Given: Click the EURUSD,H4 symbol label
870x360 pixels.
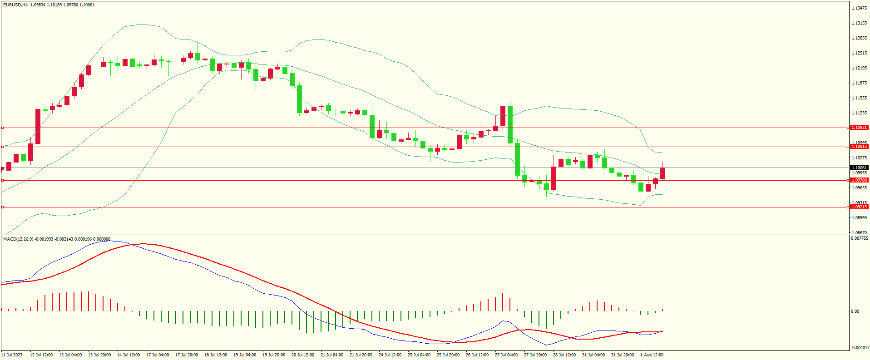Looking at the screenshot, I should click(x=15, y=5).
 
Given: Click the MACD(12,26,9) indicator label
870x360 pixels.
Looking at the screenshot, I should click(x=18, y=239).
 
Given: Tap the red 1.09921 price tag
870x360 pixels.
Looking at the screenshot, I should click(x=859, y=128).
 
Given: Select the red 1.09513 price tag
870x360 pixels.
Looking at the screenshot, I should click(x=859, y=147).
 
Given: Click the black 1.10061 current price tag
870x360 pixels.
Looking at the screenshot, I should click(x=859, y=168).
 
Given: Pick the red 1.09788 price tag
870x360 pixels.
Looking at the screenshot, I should click(x=859, y=180).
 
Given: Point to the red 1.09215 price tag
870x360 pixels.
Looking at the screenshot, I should click(x=859, y=207).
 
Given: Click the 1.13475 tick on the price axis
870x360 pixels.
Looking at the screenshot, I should click(x=859, y=8).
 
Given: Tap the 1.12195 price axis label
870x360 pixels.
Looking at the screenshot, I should click(x=859, y=68).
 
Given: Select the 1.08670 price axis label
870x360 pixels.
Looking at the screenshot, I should click(x=859, y=233).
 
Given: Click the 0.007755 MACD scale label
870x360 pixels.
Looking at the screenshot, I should click(x=860, y=238).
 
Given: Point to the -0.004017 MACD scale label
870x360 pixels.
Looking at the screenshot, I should click(x=860, y=348).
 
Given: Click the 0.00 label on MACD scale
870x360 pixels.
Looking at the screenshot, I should click(x=855, y=311).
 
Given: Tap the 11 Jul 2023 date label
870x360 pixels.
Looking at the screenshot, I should click(x=12, y=355).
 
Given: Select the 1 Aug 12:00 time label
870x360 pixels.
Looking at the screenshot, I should click(x=652, y=355).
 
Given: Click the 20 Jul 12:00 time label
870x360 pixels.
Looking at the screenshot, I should click(x=302, y=355).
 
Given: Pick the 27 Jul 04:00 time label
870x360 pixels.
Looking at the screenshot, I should click(x=506, y=355).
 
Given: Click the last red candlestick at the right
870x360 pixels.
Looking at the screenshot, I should click(x=662, y=173).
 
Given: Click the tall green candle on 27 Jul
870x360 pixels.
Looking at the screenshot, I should click(x=510, y=124).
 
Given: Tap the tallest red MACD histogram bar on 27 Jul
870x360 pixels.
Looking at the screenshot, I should click(x=503, y=302).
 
